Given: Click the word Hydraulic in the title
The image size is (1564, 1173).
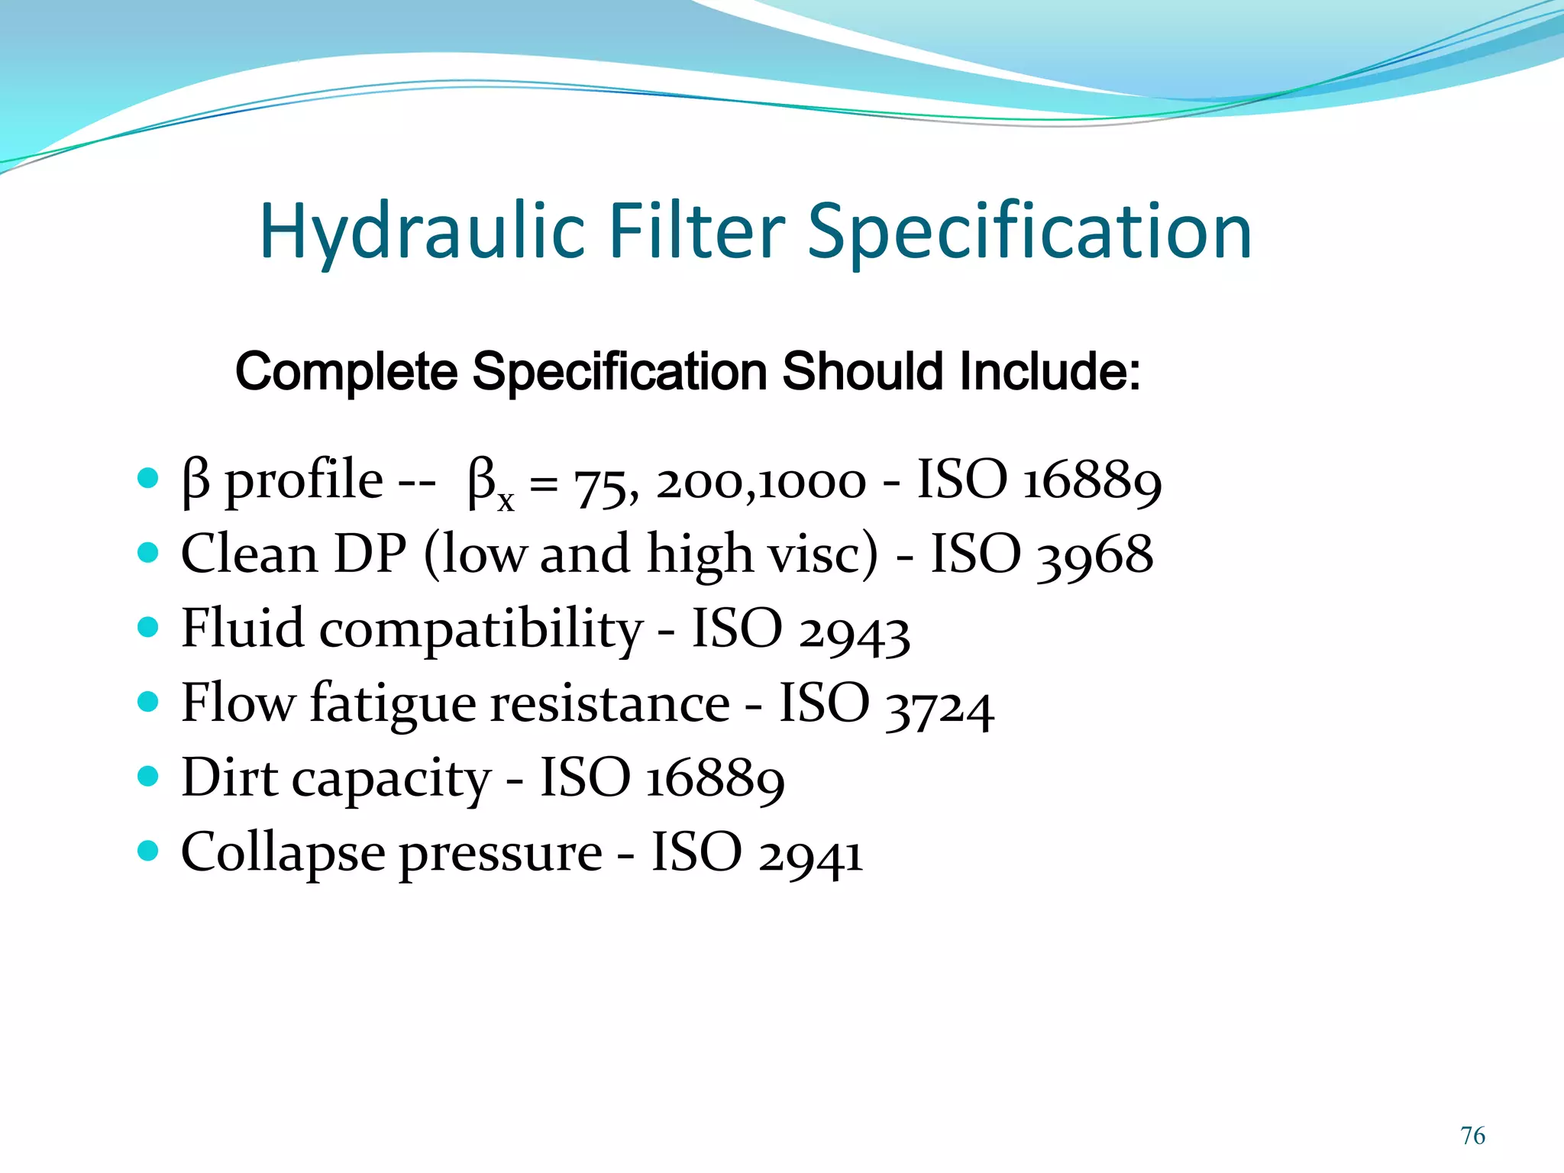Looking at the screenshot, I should tap(422, 231).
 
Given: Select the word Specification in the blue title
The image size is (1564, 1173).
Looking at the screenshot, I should tap(1029, 231).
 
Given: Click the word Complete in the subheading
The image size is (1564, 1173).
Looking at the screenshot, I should tap(346, 372).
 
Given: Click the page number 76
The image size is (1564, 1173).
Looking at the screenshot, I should tap(1472, 1136).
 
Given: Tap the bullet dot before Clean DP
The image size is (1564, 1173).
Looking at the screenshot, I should tap(148, 552).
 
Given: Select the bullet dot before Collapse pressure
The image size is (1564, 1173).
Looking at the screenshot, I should tap(148, 850).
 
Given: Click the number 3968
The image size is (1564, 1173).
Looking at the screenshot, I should tap(1094, 555).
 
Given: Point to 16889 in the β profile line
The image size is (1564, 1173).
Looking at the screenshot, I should tap(1092, 482).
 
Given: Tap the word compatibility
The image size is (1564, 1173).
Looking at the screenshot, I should tap(481, 629).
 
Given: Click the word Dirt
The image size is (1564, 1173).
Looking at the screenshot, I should tap(229, 778).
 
